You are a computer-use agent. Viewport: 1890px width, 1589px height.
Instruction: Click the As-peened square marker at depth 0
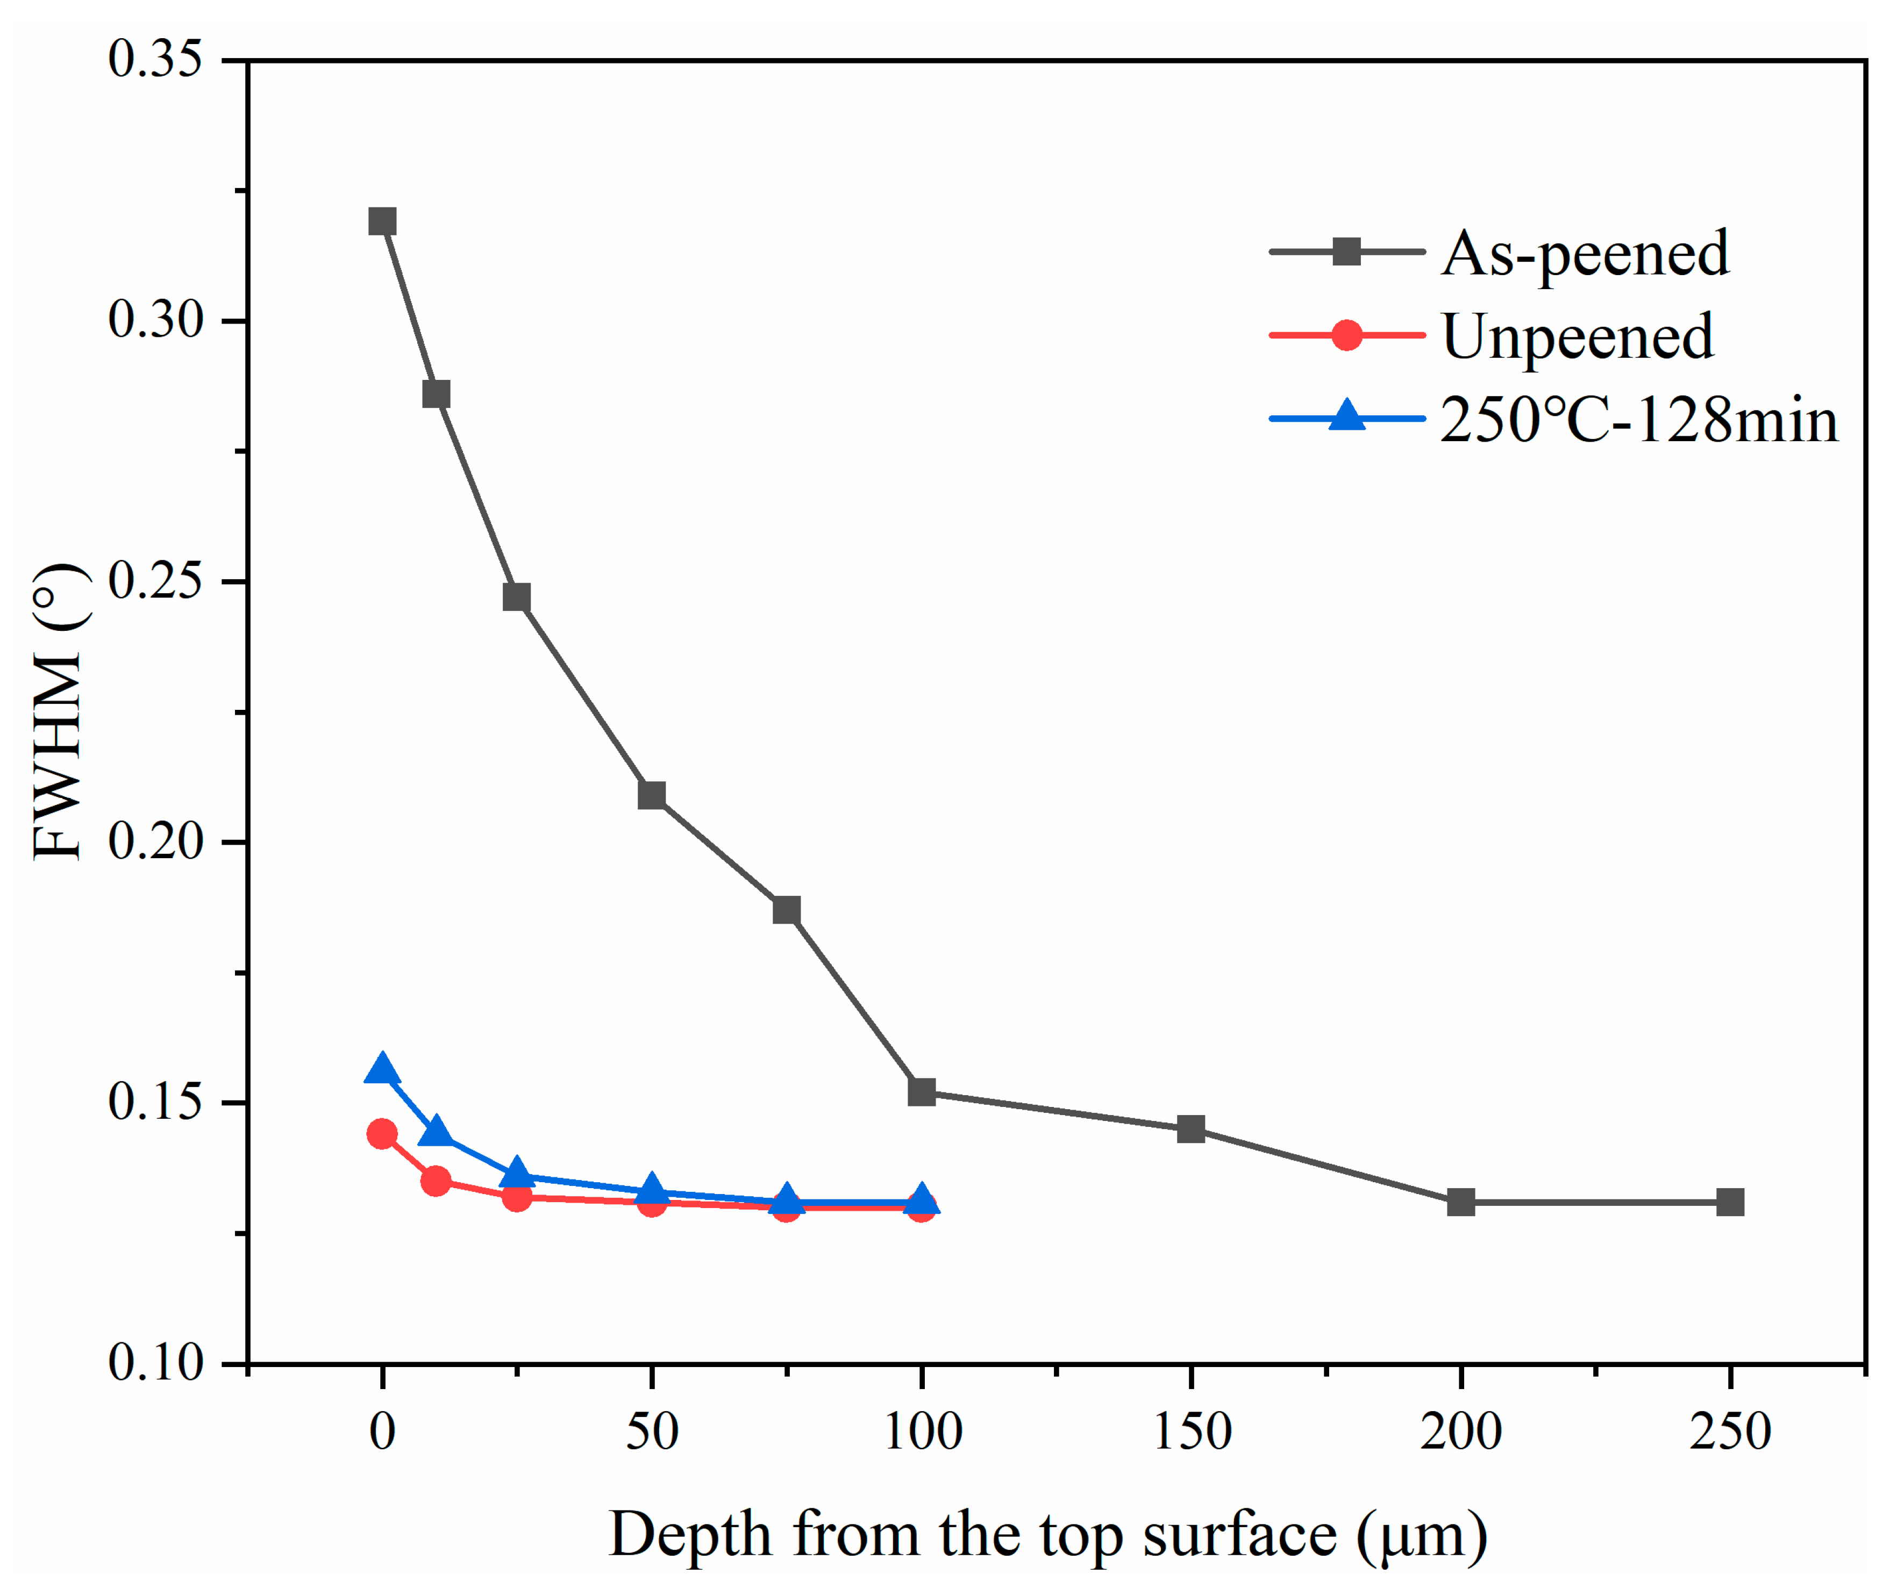[382, 221]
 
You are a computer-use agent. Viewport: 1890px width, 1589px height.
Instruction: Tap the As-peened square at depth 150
[1190, 1128]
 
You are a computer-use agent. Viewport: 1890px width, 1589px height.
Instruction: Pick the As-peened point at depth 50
[652, 795]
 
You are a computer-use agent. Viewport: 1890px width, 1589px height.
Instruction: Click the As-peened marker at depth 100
[921, 1092]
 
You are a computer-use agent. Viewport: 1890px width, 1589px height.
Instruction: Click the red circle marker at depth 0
[382, 1134]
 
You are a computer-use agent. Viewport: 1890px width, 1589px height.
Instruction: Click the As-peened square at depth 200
[1460, 1202]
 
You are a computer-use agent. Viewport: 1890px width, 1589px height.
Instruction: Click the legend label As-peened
[1585, 254]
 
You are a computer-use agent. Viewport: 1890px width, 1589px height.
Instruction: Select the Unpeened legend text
[1577, 337]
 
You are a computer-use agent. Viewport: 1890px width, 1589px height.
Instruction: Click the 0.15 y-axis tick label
[155, 1102]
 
